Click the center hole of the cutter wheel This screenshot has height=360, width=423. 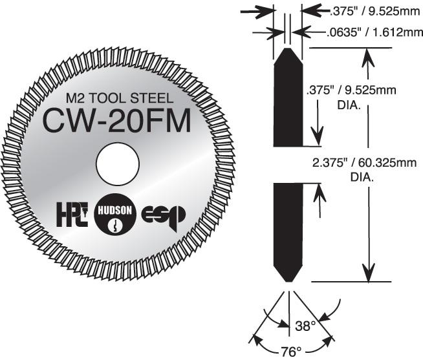tap(118, 164)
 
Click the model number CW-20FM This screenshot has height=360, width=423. tap(117, 121)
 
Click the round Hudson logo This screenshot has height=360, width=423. tap(115, 217)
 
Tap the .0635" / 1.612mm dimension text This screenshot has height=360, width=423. tap(363, 30)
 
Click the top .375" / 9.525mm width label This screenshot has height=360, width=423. tap(364, 11)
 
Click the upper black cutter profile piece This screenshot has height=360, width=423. tap(288, 97)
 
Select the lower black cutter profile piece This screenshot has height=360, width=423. tap(288, 229)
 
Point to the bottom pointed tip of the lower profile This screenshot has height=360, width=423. tap(288, 281)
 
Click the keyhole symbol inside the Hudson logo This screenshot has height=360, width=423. tap(115, 226)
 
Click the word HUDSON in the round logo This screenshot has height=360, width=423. tap(115, 209)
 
